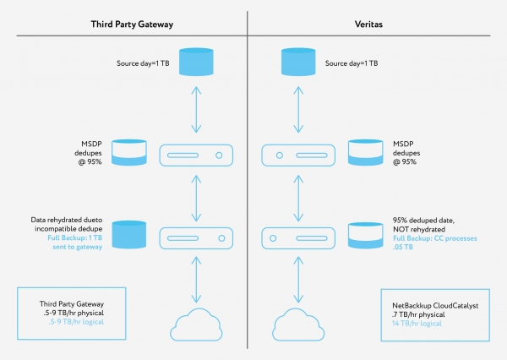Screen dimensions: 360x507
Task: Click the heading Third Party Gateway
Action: pos(132,25)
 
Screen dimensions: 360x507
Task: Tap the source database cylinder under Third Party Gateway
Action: pos(197,64)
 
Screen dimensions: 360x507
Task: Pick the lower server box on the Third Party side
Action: pos(197,234)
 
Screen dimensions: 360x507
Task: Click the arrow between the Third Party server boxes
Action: pos(197,194)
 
